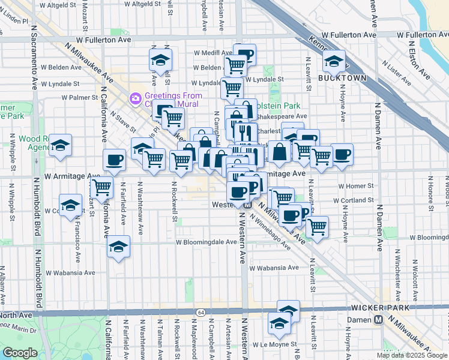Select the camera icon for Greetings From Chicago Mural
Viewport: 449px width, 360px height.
pos(135,97)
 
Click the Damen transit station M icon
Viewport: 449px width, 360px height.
pos(378,320)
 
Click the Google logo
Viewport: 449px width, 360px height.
pos(20,353)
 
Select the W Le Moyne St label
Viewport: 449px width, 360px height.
pos(276,344)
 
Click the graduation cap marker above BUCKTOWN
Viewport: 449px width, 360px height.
pos(333,61)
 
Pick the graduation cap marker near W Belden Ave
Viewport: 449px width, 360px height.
pos(161,59)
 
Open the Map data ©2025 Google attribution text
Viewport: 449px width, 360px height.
pos(412,355)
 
